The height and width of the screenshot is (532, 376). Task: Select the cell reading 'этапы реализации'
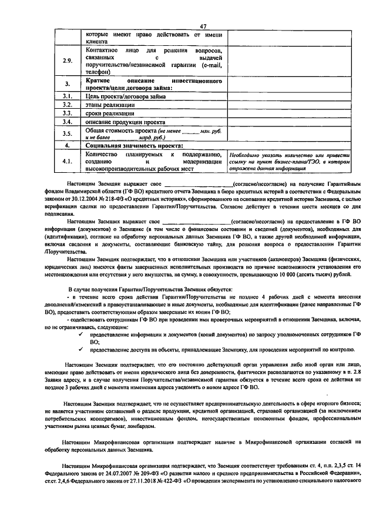coord(109,105)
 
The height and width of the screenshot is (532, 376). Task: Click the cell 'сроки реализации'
coord(109,113)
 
